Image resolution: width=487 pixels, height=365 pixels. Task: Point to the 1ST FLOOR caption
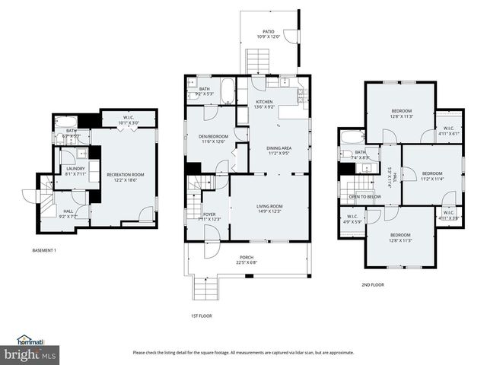pyautogui.click(x=201, y=315)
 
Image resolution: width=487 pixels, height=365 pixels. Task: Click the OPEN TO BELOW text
pyautogui.click(x=365, y=197)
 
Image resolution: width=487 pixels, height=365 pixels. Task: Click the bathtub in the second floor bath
pyautogui.click(x=352, y=138)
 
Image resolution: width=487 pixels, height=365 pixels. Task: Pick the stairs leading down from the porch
pyautogui.click(x=205, y=289)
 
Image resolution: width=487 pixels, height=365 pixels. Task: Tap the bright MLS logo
pyautogui.click(x=30, y=354)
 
